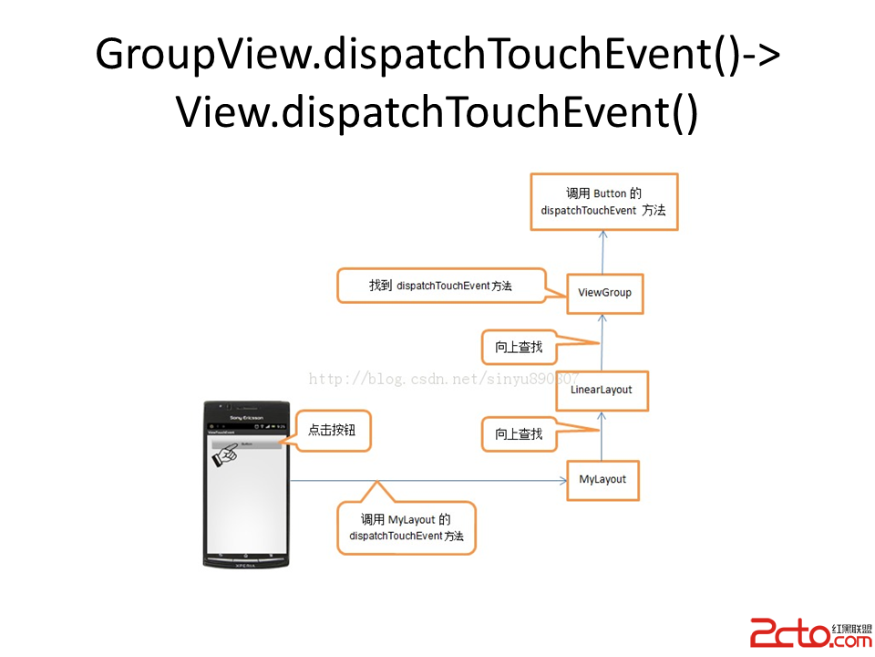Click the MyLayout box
602,479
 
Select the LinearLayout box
601,391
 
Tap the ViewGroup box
604,293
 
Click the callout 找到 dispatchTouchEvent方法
440,286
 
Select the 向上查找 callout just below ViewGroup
519,347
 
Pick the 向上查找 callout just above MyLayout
519,433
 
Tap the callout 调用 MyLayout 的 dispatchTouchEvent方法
407,527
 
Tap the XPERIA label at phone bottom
247,563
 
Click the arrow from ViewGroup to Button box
602,250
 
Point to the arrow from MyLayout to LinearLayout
602,436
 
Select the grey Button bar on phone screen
246,443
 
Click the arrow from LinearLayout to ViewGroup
602,343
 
